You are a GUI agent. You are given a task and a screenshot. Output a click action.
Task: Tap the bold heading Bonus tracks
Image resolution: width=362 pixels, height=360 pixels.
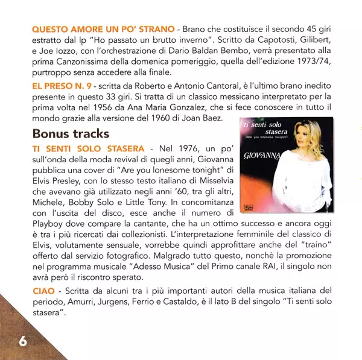click(71, 133)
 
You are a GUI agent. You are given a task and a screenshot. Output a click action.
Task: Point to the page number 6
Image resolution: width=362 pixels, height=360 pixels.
click(23, 340)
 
